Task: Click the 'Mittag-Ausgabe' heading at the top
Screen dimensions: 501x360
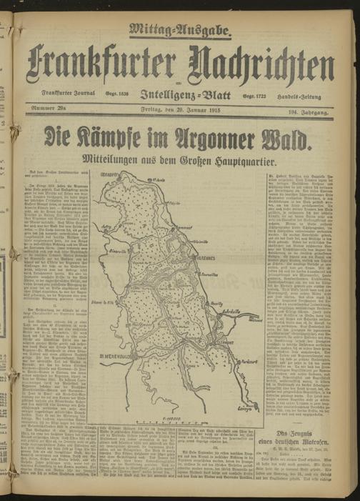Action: click(180, 30)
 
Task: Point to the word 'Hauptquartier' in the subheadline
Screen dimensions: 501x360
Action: click(243, 159)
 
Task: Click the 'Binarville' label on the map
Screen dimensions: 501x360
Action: click(116, 232)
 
